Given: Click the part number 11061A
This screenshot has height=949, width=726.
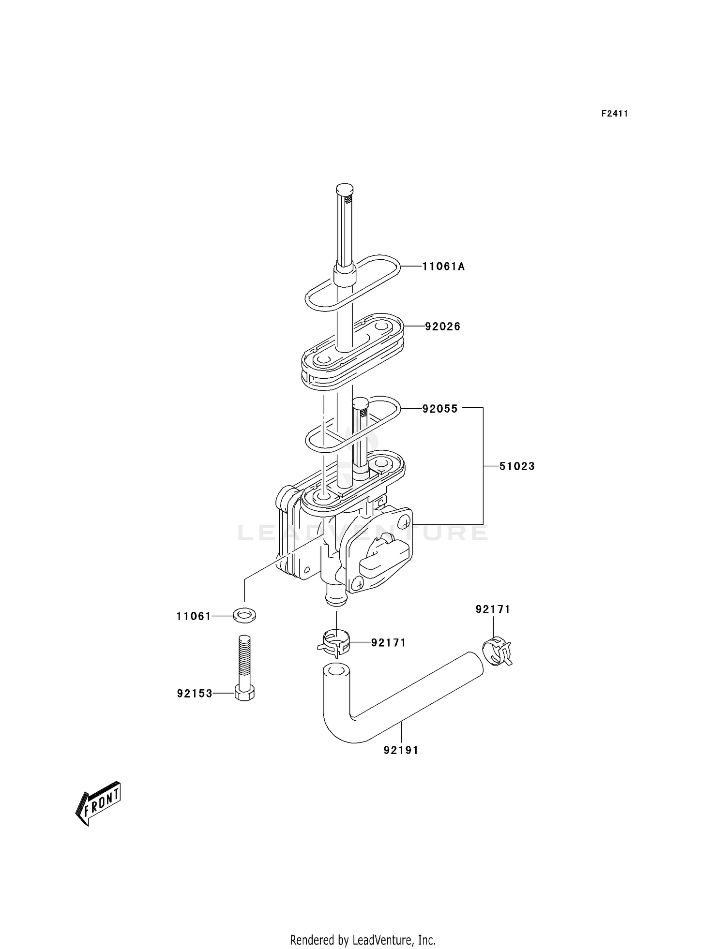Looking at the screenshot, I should coord(443,267).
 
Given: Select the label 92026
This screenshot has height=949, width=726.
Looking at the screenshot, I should coord(442,327).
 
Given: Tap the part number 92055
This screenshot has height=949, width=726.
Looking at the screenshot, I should coord(439,409).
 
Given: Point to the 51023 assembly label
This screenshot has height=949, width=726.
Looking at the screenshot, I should coord(517,466).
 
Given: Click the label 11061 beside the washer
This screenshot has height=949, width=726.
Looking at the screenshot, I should coord(194,616).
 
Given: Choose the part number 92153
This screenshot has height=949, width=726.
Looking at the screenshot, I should coord(195,694).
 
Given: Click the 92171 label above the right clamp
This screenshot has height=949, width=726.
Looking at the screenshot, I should coord(493,609).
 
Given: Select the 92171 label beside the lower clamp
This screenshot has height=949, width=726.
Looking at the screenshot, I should coord(388,643).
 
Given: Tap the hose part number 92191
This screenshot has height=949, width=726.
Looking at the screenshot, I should coord(401,750).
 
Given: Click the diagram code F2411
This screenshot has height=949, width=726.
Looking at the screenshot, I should coord(615,114).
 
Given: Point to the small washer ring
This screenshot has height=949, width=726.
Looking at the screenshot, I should coord(244,616).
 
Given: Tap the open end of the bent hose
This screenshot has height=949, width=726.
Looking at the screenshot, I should coord(334,673).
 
